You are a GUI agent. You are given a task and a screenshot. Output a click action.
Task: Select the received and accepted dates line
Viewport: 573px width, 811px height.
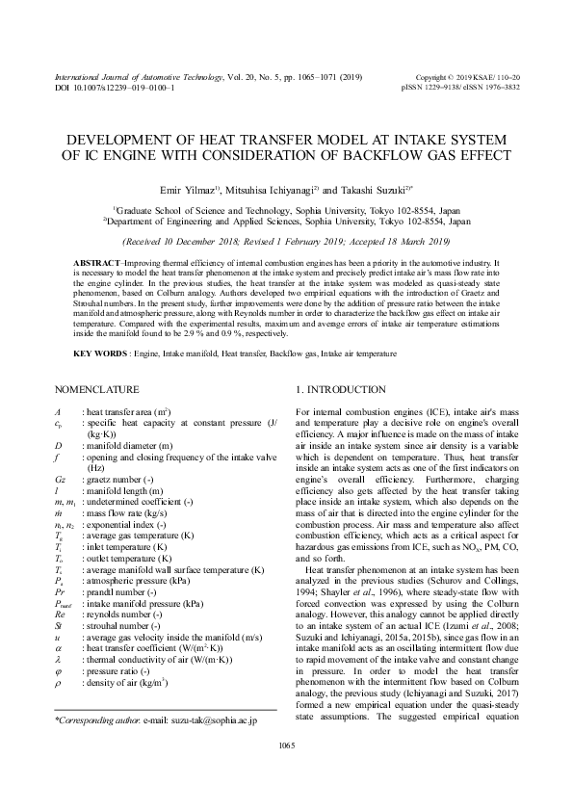point(286,240)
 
